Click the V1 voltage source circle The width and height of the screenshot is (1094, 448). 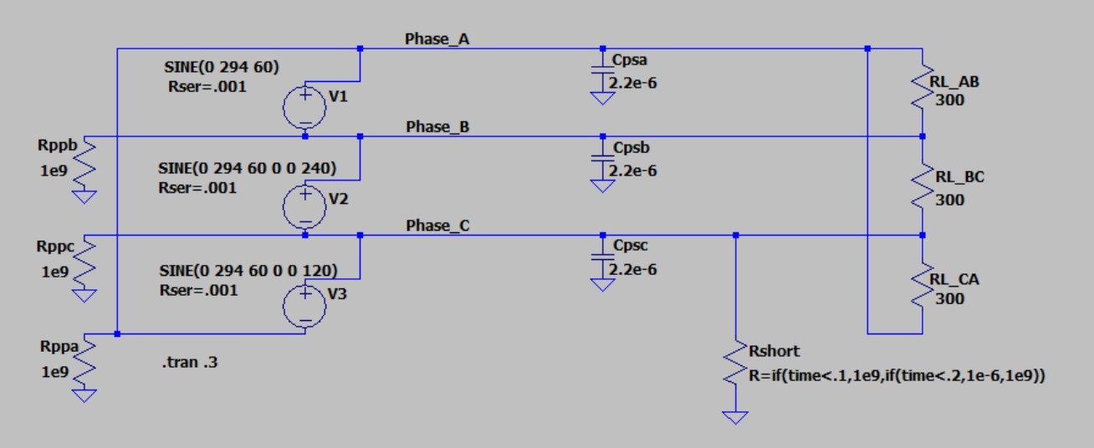pyautogui.click(x=305, y=105)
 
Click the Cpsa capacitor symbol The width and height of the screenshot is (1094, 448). pyautogui.click(x=601, y=73)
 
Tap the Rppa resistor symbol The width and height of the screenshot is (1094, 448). pyautogui.click(x=85, y=359)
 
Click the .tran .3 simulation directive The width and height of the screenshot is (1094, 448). pyautogui.click(x=193, y=363)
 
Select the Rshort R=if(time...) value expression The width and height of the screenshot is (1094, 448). pyautogui.click(x=897, y=377)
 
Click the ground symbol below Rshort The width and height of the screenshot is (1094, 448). pyautogui.click(x=736, y=416)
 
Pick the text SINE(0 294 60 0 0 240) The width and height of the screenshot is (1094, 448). pyautogui.click(x=247, y=168)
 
